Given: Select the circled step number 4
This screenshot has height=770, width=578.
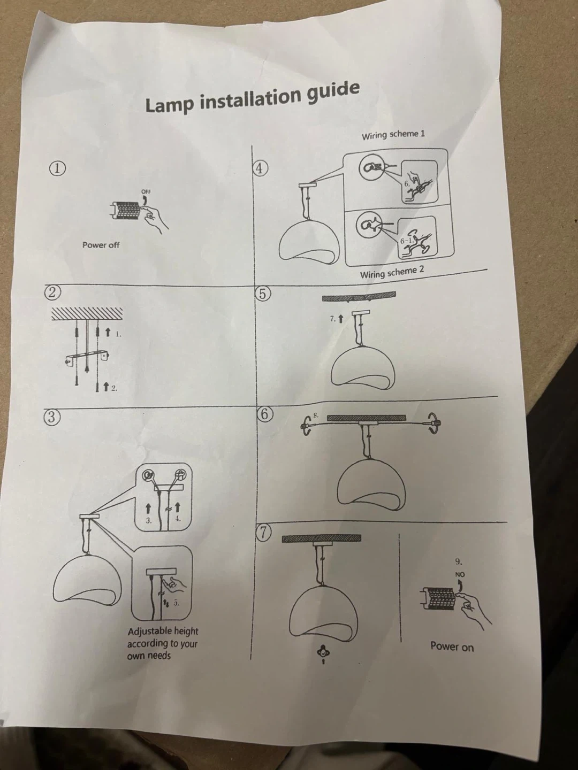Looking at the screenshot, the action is pyautogui.click(x=260, y=168).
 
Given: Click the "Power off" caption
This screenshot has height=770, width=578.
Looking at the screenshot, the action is pyautogui.click(x=101, y=245).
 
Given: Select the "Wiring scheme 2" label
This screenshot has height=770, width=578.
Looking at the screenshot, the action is pyautogui.click(x=392, y=272).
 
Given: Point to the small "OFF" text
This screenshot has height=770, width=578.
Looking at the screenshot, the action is pyautogui.click(x=146, y=191).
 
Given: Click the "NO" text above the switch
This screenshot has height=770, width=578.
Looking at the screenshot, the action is pyautogui.click(x=460, y=575).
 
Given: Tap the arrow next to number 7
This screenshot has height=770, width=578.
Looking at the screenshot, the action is pyautogui.click(x=340, y=319).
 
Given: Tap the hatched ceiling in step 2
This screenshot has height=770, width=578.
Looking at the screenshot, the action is pyautogui.click(x=87, y=314).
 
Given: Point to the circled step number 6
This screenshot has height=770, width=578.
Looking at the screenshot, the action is pyautogui.click(x=265, y=414).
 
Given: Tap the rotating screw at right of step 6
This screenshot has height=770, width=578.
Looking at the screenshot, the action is pyautogui.click(x=433, y=423).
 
